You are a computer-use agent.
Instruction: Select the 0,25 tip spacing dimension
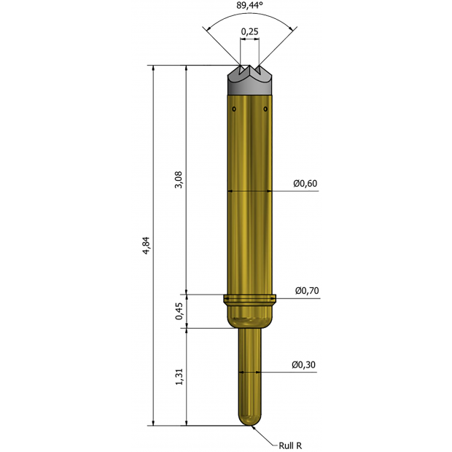point(250,32)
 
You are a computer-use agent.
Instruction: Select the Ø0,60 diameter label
point(305,183)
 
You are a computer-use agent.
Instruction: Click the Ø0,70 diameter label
point(306,290)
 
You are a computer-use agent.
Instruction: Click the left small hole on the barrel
point(234,109)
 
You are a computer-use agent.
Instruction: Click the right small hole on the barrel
point(266,109)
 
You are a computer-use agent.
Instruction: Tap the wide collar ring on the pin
point(250,298)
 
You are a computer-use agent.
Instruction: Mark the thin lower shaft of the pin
point(250,372)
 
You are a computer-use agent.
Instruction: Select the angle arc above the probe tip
point(250,17)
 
